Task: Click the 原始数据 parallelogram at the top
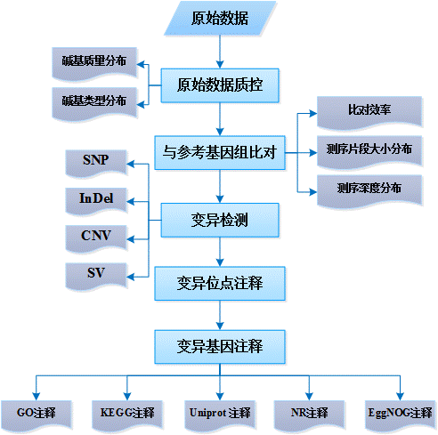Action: [220, 18]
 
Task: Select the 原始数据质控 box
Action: [220, 85]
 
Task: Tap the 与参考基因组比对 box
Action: [220, 153]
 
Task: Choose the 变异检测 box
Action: [220, 220]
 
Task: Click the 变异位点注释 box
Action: [220, 284]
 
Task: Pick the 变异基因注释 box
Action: [220, 347]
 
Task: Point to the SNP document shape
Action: [96, 163]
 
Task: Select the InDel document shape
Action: [96, 201]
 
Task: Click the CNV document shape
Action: [96, 238]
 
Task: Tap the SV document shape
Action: [96, 276]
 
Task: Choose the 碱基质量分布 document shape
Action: [94, 64]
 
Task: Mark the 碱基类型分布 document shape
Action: [94, 104]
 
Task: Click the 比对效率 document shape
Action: [369, 113]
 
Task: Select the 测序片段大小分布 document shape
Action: [369, 152]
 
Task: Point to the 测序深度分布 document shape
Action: [369, 191]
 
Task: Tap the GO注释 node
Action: [36, 415]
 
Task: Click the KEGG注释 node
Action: [127, 415]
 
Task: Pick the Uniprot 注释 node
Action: [220, 415]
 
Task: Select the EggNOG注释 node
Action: [400, 415]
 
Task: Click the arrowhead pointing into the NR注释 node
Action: [309, 397]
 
